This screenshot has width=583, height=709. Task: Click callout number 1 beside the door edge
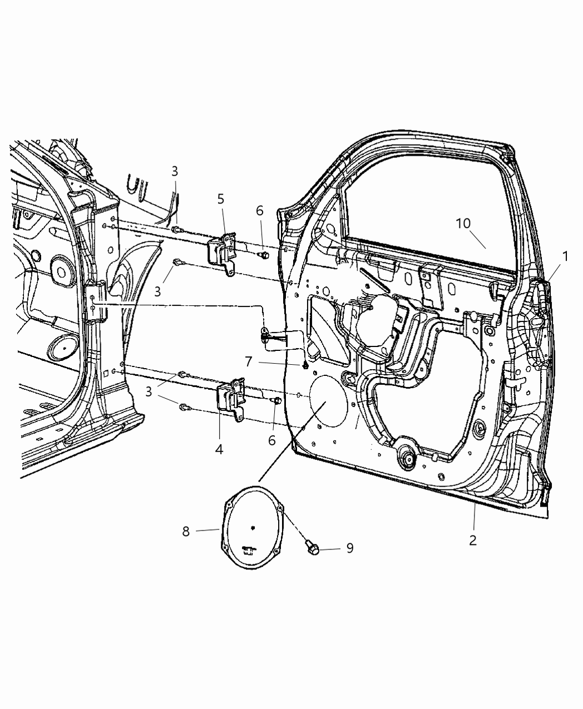coord(565,256)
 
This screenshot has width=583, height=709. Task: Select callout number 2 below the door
coord(473,540)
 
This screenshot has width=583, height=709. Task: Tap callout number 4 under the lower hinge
coord(219,449)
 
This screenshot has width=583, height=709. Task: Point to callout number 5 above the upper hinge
coord(221,199)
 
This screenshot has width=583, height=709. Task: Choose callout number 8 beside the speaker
coord(186,532)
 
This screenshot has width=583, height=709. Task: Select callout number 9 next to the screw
coord(350,548)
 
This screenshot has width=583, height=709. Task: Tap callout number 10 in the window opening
coord(463,224)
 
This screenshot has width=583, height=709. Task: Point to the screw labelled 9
coord(312,549)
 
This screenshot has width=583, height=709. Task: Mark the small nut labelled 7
coord(305,365)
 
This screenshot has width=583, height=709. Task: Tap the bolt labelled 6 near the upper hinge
coord(264,255)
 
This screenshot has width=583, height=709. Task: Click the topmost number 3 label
coord(175,171)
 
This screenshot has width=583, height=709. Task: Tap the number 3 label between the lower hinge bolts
coord(149,391)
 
